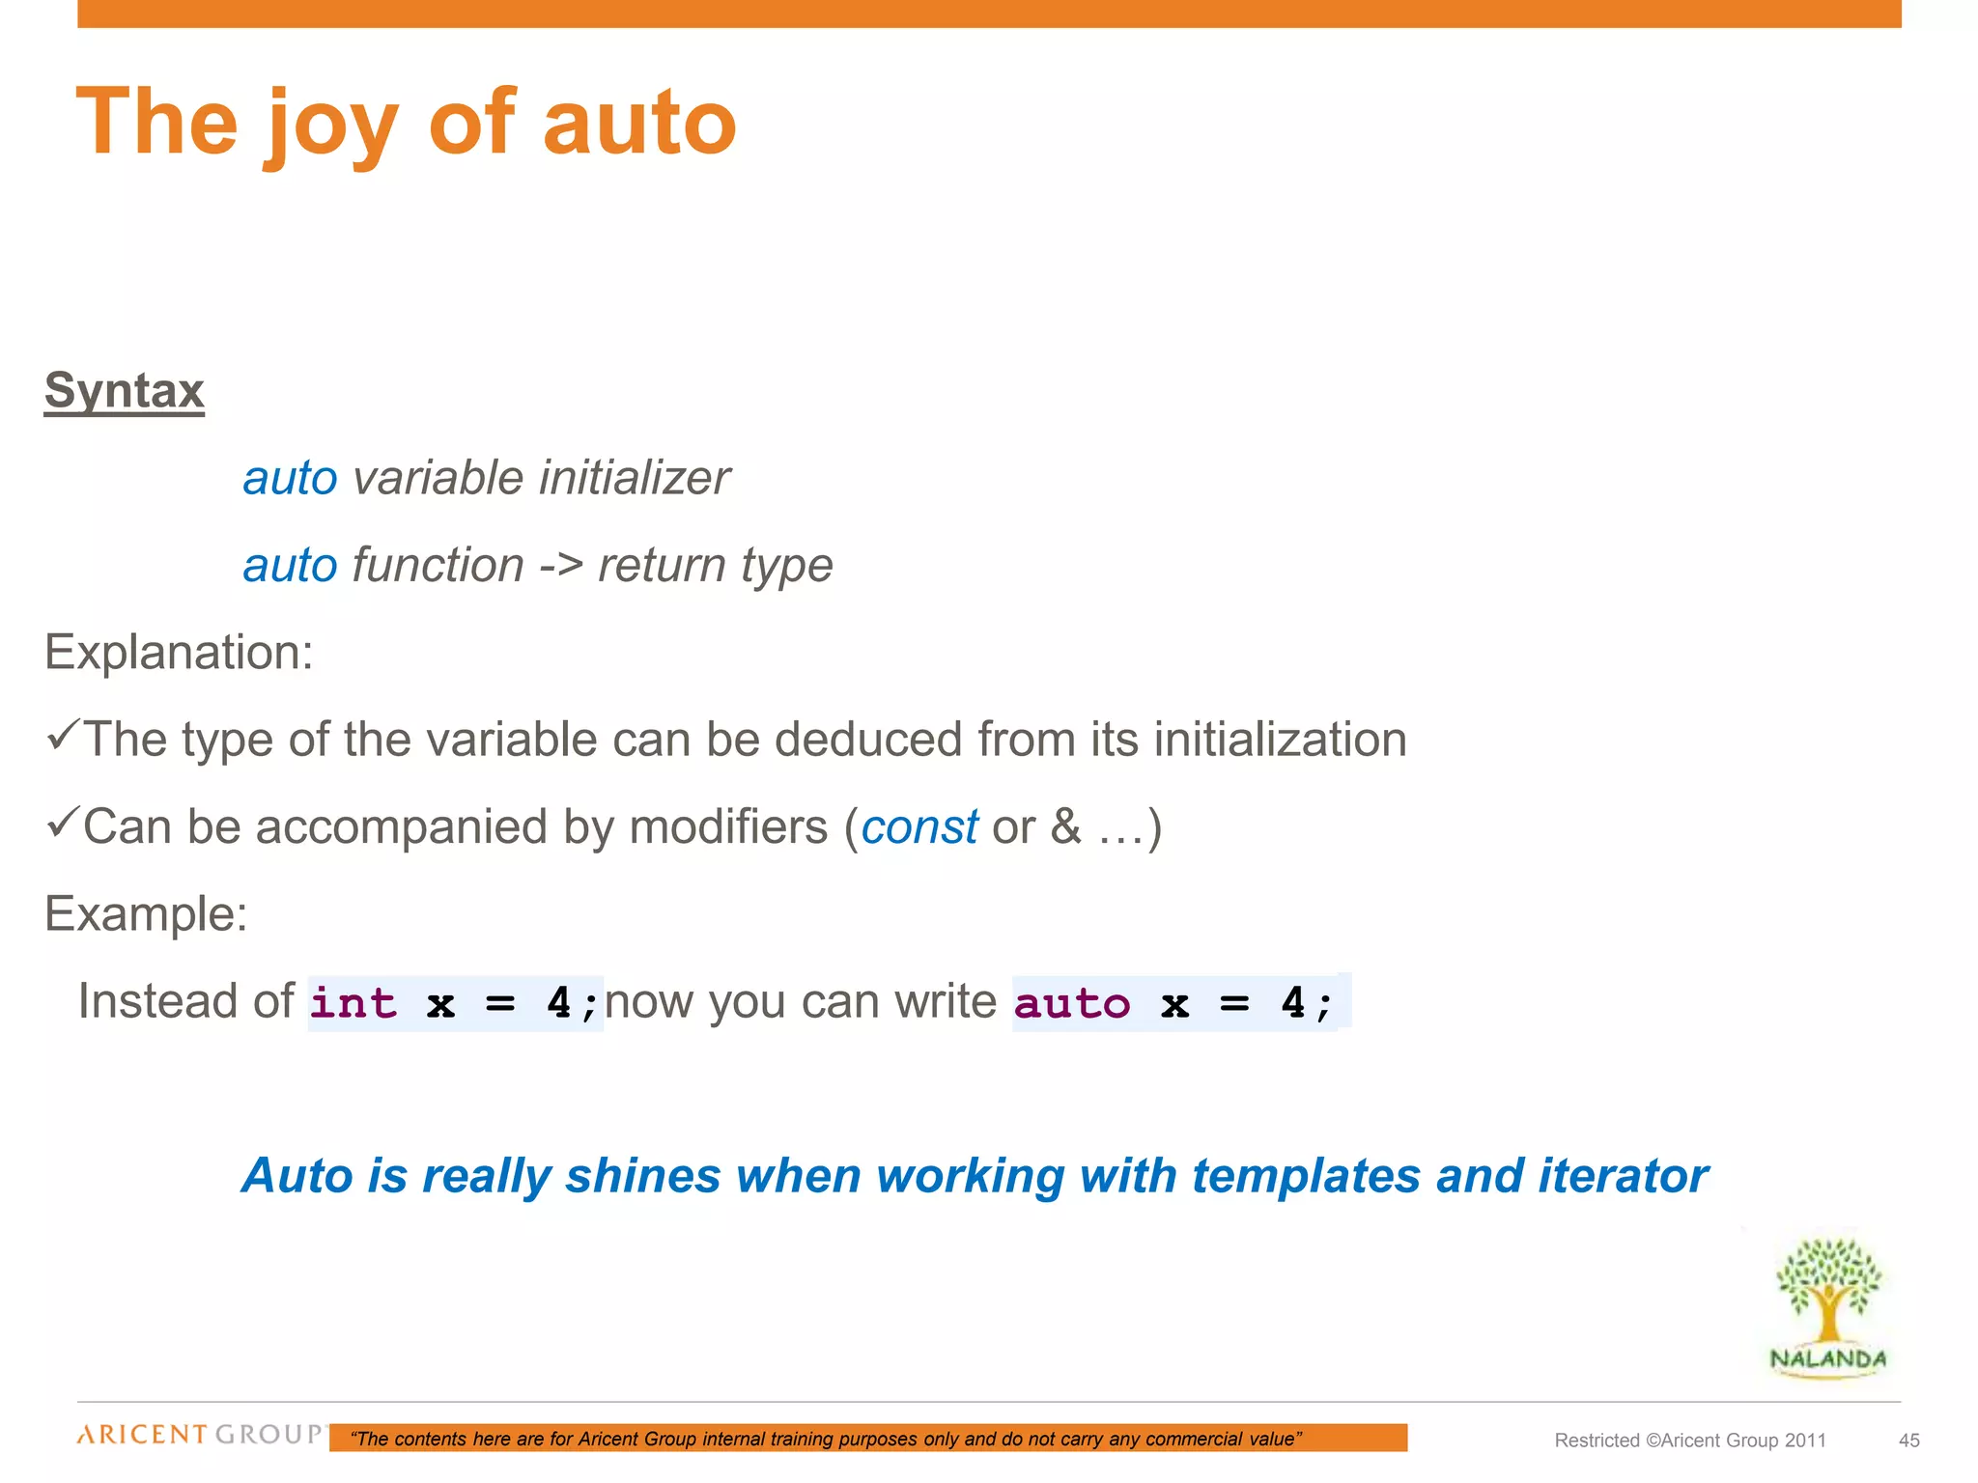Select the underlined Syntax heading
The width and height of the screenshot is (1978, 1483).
pyautogui.click(x=125, y=391)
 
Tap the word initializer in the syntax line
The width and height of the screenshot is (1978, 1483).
pyautogui.click(x=635, y=478)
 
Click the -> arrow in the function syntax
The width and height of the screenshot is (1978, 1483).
pyautogui.click(x=560, y=566)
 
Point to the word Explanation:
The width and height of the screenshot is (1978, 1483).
pyautogui.click(x=179, y=653)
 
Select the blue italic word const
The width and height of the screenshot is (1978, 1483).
pyautogui.click(x=919, y=827)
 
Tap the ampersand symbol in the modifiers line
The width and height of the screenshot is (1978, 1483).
pyautogui.click(x=1065, y=827)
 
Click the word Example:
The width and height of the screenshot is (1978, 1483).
pyautogui.click(x=146, y=913)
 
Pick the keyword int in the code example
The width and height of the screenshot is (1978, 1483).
pyautogui.click(x=353, y=1003)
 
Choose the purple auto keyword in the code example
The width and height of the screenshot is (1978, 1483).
pyautogui.click(x=1072, y=1003)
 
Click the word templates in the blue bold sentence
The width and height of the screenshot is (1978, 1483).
pyautogui.click(x=1306, y=1176)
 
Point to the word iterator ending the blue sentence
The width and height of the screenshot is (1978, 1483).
pyautogui.click(x=1623, y=1176)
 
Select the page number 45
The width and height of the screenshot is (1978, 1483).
pyautogui.click(x=1908, y=1441)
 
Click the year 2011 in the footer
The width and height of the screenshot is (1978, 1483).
pyautogui.click(x=1805, y=1441)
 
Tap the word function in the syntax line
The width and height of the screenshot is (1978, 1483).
pyautogui.click(x=438, y=566)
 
